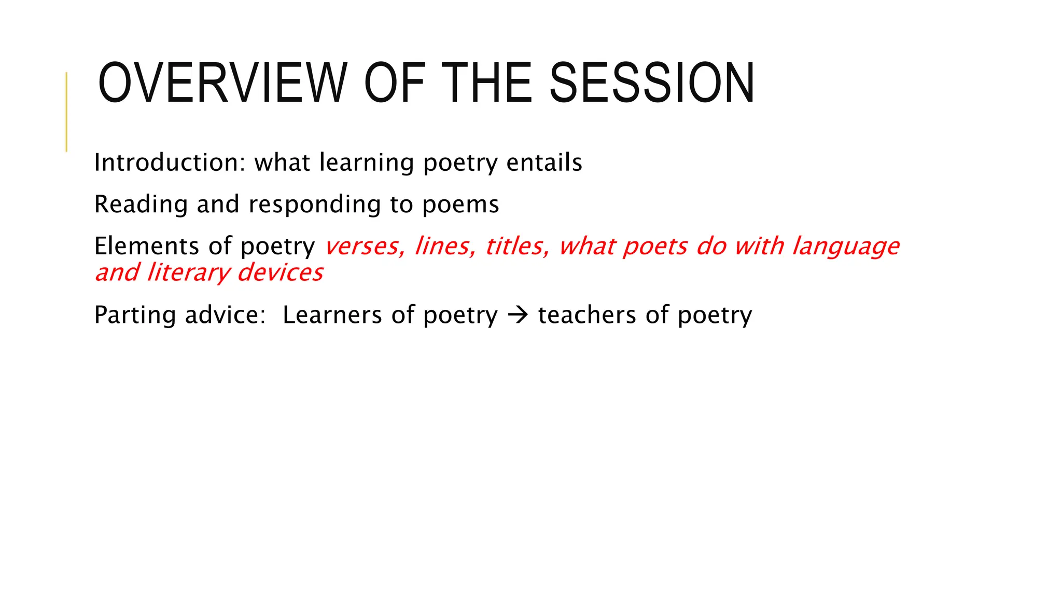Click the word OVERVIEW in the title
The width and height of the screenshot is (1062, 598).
pyautogui.click(x=222, y=84)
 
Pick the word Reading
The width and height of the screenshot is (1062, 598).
pyautogui.click(x=141, y=205)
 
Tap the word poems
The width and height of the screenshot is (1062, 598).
pyautogui.click(x=460, y=205)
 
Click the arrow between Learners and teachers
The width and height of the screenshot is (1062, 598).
pyautogui.click(x=518, y=315)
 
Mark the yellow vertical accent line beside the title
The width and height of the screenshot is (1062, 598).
pyautogui.click(x=66, y=112)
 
